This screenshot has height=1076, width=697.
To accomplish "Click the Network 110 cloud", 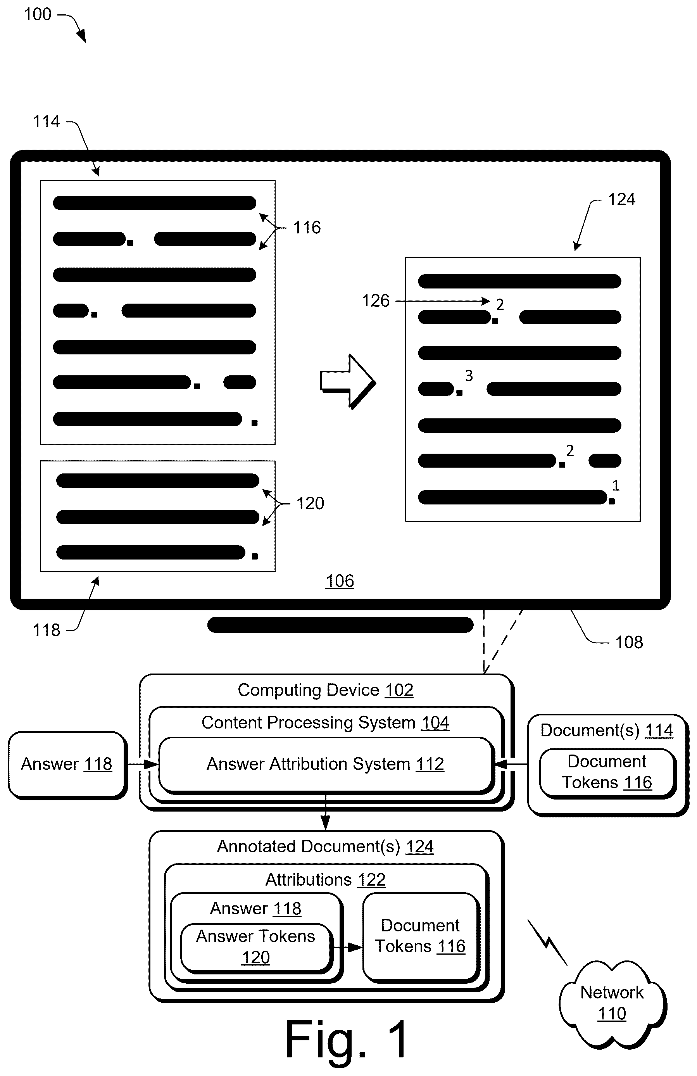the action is pyautogui.click(x=612, y=1003).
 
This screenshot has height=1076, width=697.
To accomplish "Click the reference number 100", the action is pyautogui.click(x=38, y=14).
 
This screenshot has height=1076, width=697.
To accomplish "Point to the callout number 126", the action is pyautogui.click(x=375, y=301).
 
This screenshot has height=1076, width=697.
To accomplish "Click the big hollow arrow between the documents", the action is pyautogui.click(x=348, y=382).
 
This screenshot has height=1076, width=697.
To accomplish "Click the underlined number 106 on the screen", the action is pyautogui.click(x=340, y=581).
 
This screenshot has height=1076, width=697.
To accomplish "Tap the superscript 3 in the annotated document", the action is pyautogui.click(x=469, y=375).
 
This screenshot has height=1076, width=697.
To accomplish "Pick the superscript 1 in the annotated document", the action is pyautogui.click(x=616, y=485).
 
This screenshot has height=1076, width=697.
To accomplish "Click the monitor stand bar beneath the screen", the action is pyautogui.click(x=340, y=625).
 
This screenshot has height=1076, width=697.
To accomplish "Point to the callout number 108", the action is pyautogui.click(x=629, y=642).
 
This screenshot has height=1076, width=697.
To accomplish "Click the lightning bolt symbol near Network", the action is pyautogui.click(x=547, y=942).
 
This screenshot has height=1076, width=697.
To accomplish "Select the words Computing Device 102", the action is pyautogui.click(x=326, y=690).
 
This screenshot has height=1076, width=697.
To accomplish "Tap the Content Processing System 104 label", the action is pyautogui.click(x=326, y=722).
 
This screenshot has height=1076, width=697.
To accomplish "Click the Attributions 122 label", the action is pyautogui.click(x=326, y=880).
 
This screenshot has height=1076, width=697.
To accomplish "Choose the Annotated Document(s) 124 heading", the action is pyautogui.click(x=326, y=847).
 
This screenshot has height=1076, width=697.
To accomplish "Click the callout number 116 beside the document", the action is pyautogui.click(x=307, y=227).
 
